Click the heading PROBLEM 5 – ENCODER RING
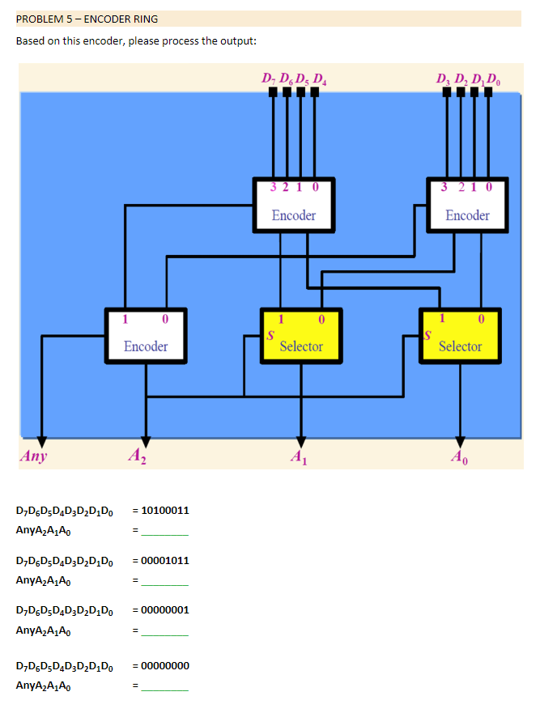pyautogui.click(x=87, y=19)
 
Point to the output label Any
pyautogui.click(x=34, y=456)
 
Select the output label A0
pyautogui.click(x=460, y=457)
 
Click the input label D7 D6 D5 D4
pyautogui.click(x=294, y=79)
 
